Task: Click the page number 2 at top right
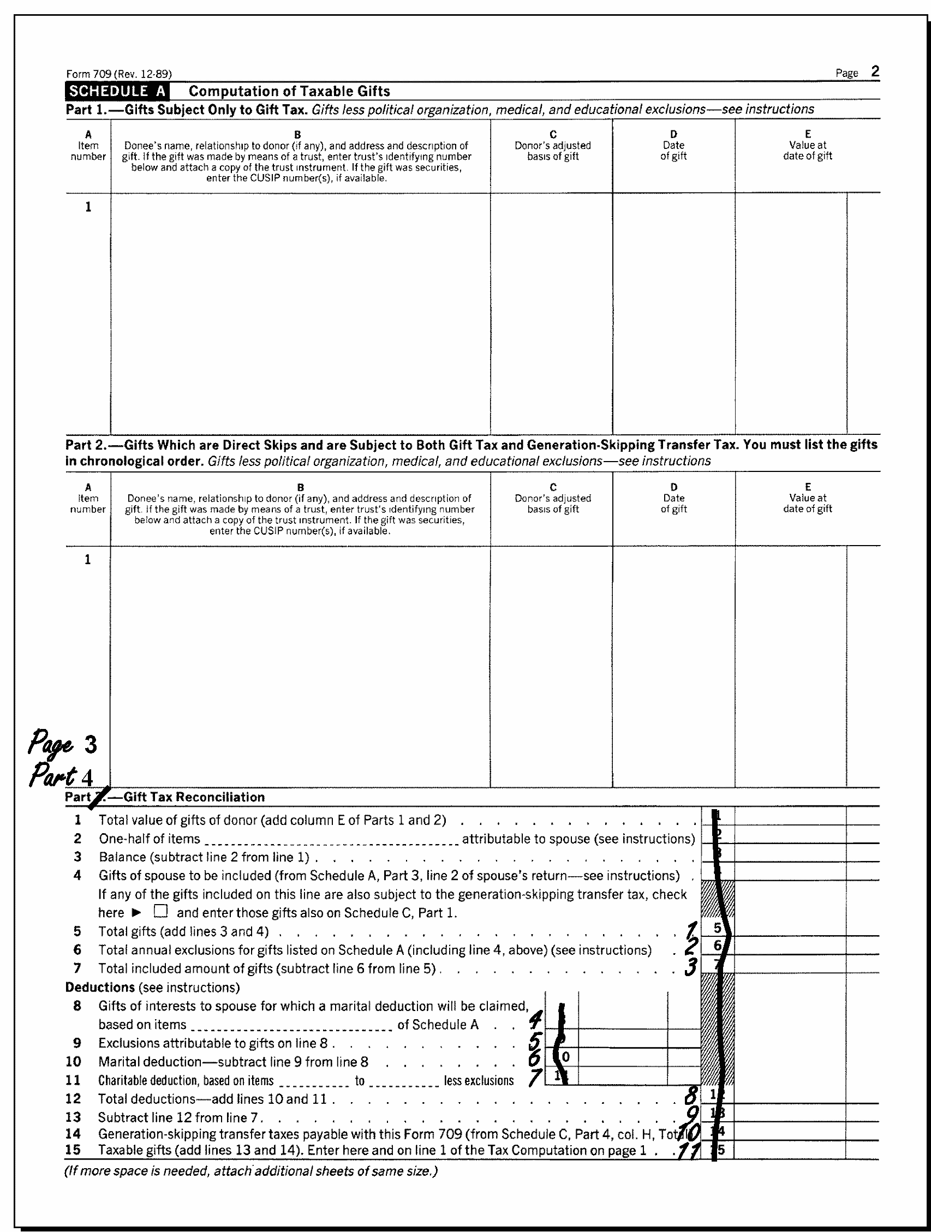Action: [x=875, y=72]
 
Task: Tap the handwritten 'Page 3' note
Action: [x=62, y=744]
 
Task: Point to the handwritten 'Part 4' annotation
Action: [x=61, y=775]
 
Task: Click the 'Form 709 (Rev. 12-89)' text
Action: [x=118, y=74]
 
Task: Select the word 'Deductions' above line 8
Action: [x=100, y=988]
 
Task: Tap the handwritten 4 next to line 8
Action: [x=535, y=1020]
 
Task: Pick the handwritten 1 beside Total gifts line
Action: [x=691, y=930]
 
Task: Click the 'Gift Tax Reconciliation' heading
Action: [x=194, y=797]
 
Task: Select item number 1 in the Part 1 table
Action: [x=88, y=207]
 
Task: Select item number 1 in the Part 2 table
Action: [x=88, y=560]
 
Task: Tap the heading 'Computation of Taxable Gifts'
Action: [x=289, y=91]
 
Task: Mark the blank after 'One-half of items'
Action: [x=330, y=839]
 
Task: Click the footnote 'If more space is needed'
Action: [x=250, y=1171]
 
